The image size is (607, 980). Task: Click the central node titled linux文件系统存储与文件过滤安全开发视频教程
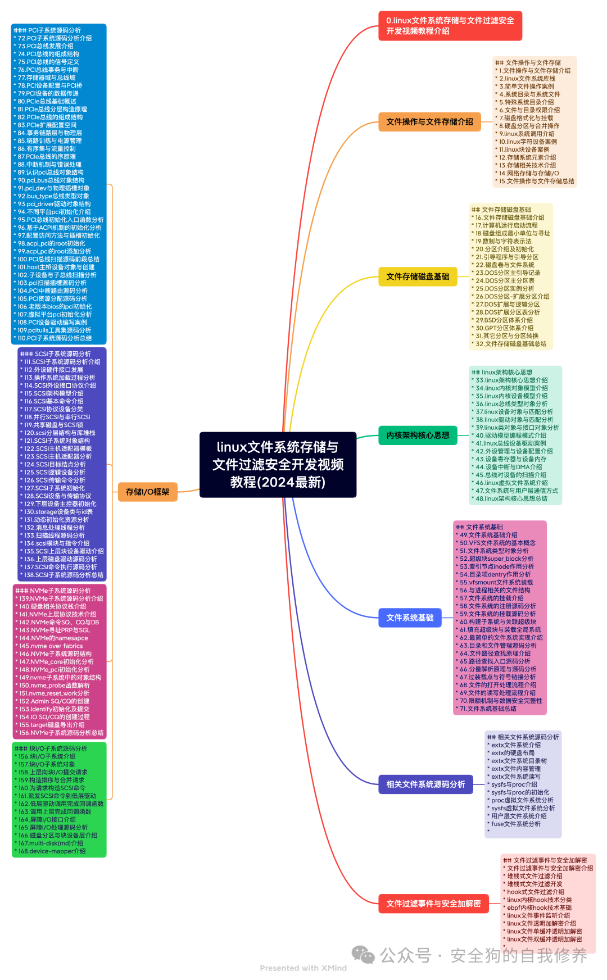pos(278,465)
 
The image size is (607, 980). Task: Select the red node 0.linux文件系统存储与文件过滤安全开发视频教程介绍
pos(450,26)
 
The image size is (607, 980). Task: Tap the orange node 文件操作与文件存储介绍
pos(429,122)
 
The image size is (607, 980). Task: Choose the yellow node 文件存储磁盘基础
pos(418,276)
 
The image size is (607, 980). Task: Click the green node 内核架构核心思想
pos(418,435)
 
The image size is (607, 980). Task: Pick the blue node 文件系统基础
pos(410,618)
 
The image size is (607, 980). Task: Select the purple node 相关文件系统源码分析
pos(425,784)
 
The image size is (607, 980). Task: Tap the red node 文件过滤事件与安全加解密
pos(433,904)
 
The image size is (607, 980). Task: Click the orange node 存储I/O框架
pos(147,492)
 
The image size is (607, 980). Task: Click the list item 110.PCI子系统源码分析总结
pos(55,338)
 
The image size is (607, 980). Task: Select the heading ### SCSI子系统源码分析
pos(55,354)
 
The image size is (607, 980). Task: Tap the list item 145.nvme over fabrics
pos(51,646)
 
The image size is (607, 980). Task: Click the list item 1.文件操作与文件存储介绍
pos(534,71)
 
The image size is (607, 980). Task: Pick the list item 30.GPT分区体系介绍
pos(504,328)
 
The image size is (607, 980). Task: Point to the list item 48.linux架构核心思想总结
pos(511,498)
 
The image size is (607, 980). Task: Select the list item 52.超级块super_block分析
pos(496,559)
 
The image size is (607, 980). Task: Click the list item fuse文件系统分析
pos(516,824)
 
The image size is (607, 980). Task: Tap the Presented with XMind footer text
pos(303,968)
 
